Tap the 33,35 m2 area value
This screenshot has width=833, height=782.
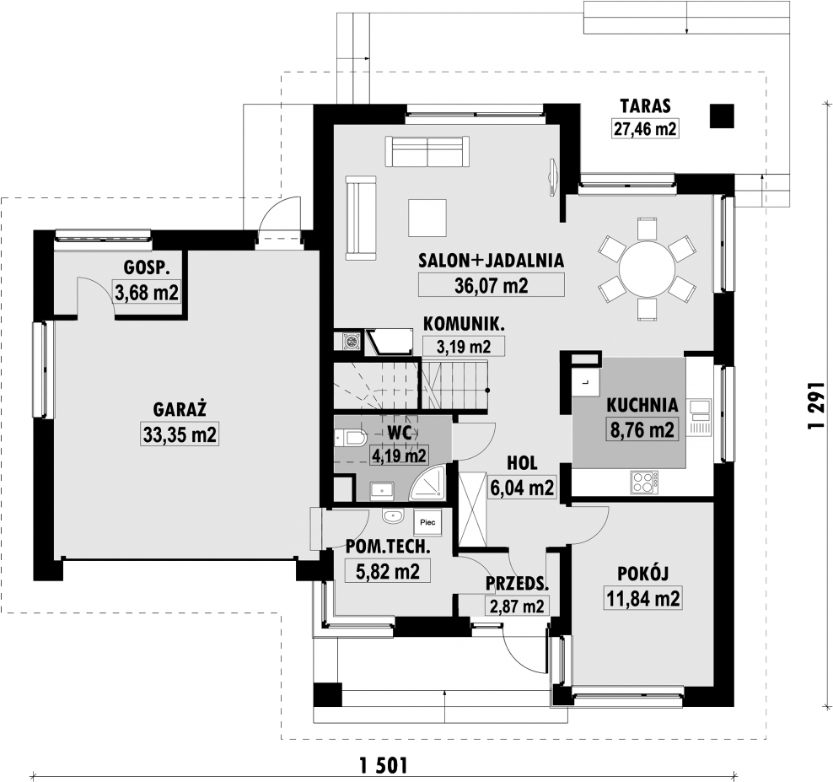tap(180, 434)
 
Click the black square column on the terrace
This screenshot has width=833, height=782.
tap(722, 116)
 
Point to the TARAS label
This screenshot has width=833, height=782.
tap(646, 105)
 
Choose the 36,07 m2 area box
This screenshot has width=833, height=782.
tap(492, 285)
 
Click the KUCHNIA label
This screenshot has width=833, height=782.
tap(642, 405)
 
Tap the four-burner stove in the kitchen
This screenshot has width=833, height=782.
tap(644, 483)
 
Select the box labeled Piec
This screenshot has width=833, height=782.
tap(427, 522)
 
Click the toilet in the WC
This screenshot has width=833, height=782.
tap(351, 438)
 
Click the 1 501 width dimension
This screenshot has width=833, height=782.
tap(384, 765)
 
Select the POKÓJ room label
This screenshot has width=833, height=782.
tap(642, 574)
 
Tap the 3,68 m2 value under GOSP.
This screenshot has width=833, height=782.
tap(147, 293)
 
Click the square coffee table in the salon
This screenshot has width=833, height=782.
tap(427, 218)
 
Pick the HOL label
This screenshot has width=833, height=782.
tap(522, 463)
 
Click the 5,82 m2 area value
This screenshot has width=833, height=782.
tap(388, 571)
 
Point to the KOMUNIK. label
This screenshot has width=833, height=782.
tap(464, 324)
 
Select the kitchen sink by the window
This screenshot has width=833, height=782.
tap(700, 418)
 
